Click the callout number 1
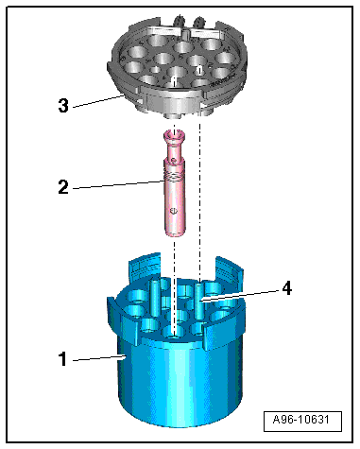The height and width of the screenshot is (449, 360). (63, 358)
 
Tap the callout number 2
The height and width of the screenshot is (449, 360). (63, 186)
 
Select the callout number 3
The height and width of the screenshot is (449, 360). (63, 105)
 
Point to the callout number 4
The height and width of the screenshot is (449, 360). (286, 288)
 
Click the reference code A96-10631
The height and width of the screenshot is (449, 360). (301, 420)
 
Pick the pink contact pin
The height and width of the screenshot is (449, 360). (174, 183)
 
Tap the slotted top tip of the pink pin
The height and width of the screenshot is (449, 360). (174, 135)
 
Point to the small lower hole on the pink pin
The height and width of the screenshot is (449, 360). (172, 211)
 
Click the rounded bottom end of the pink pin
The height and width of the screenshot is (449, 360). (174, 233)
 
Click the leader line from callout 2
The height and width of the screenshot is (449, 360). (119, 184)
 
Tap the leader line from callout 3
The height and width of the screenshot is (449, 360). (98, 101)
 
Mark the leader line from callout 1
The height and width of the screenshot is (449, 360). (99, 358)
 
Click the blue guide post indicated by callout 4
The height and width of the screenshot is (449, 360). (199, 301)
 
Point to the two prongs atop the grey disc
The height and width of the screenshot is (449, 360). (189, 21)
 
